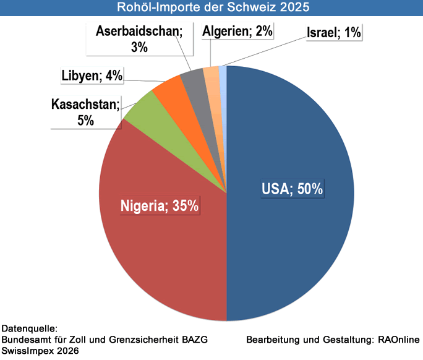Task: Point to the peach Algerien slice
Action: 211,75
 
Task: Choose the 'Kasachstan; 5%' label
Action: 85,112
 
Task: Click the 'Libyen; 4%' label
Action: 92,76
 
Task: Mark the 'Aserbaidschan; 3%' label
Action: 139,39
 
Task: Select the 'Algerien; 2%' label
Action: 237,31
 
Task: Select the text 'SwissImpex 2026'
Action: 40,351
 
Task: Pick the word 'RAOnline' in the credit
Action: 399,340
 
